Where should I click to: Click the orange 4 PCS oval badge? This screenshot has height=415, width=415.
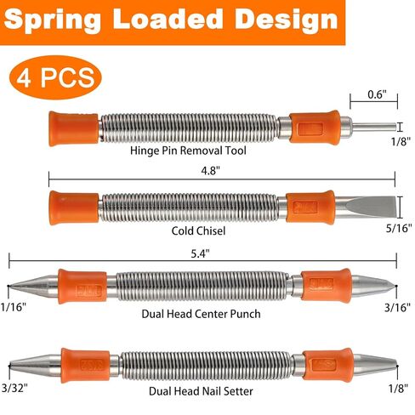pos(55,77)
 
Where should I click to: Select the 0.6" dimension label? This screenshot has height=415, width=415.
pos(377,94)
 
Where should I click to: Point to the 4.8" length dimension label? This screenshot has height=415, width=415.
pos(210,171)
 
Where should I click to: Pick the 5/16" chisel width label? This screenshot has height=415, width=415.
pos(399,228)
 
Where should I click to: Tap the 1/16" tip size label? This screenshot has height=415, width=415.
pos(14,307)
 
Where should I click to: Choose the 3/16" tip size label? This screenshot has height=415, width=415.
pos(397,307)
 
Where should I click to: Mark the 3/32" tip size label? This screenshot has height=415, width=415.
pos(14,388)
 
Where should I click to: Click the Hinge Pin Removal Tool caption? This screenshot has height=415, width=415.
pos(188,151)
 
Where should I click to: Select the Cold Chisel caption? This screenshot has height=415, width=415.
pos(198,230)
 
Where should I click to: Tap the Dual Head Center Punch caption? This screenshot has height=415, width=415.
pos(201,314)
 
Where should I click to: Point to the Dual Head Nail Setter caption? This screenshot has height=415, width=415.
pos(201,391)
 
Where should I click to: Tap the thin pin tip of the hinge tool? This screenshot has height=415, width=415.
pos(374,127)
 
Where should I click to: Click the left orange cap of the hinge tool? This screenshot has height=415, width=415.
pos(73,128)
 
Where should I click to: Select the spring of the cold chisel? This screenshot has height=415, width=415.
pos(190,207)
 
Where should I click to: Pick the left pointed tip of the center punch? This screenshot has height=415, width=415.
pos(9,286)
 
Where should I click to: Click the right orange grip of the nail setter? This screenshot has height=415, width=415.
pos(327,365)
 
